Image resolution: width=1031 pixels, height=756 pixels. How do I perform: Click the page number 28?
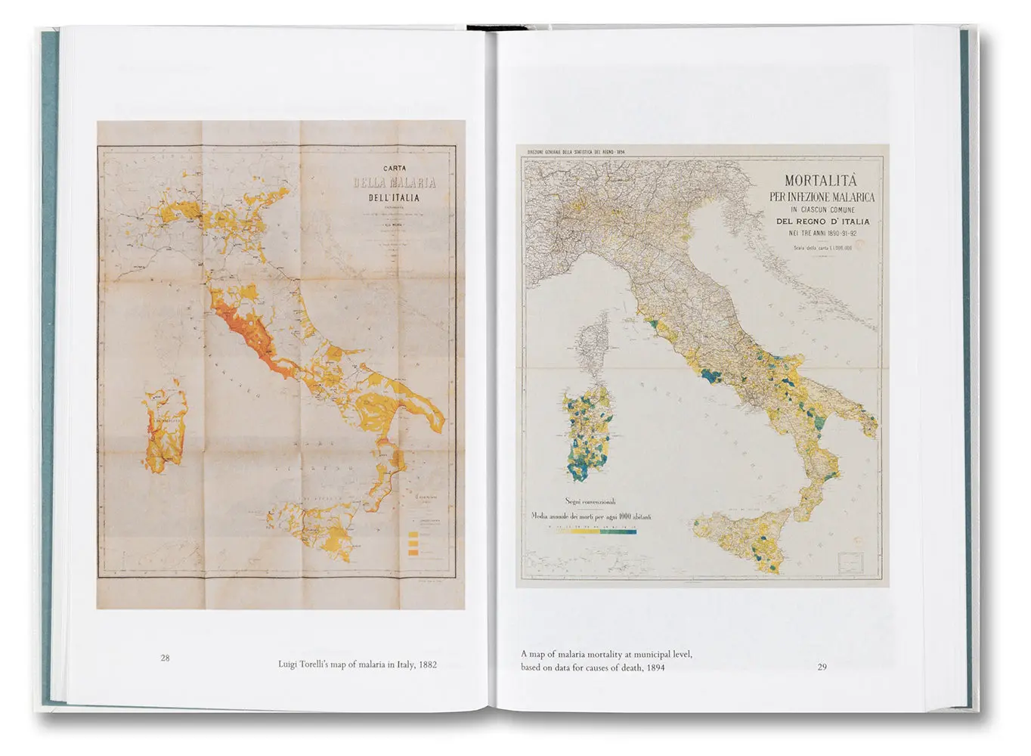tap(165, 658)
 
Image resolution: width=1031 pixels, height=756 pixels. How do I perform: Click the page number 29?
tap(822, 667)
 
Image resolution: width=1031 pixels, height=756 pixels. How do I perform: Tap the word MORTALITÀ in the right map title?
tap(821, 181)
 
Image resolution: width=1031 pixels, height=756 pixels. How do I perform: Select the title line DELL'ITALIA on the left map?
tap(393, 198)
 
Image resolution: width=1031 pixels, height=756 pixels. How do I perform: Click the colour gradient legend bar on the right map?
tap(596, 532)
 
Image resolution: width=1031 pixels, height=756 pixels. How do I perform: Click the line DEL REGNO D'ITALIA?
tap(822, 222)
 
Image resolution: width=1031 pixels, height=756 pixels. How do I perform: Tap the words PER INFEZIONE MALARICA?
tap(821, 197)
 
